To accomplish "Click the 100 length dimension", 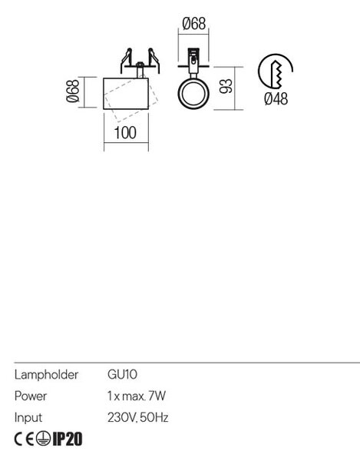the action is pos(125,133).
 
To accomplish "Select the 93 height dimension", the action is pos(226,86).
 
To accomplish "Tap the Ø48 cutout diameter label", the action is pos(276,98).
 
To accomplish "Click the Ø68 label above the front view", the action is pos(193,24).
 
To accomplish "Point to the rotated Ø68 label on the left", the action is pos(73,91).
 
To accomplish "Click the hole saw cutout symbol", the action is pos(275,71).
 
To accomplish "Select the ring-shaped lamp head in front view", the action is pos(193,94).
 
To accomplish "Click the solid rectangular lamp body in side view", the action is pos(126,94).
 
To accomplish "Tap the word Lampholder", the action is pos(46,375).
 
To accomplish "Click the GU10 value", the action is pos(122,375).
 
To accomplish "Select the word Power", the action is pos(31,396).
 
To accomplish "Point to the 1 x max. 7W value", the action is pos(137,396).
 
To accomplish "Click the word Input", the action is pos(28,418).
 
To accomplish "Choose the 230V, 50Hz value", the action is pos(137,417).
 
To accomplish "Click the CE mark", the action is pos(25,439).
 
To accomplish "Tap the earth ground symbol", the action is pos(43,439).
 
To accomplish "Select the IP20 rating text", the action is pos(68,439).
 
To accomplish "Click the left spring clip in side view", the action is pos(125,60).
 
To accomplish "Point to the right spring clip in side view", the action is pos(154,60).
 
